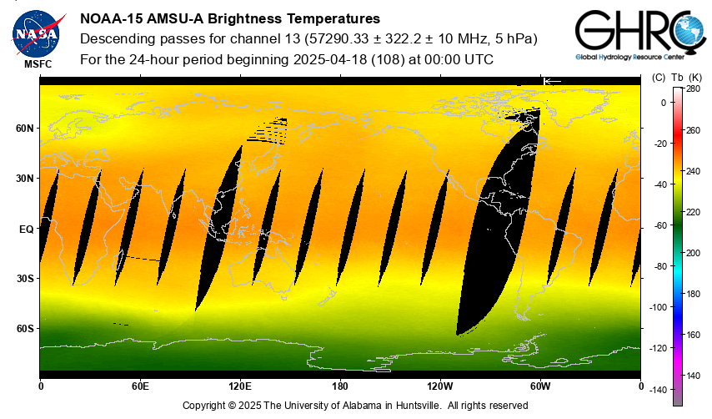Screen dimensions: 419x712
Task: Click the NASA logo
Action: tap(35, 33)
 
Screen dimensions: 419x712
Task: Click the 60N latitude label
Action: tap(25, 129)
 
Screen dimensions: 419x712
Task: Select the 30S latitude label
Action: tap(25, 279)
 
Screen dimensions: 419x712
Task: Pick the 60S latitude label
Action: tap(25, 329)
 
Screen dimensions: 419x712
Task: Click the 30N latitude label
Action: tap(25, 179)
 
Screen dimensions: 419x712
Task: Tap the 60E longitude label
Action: tap(140, 386)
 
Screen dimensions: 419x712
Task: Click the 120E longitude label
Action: tap(240, 386)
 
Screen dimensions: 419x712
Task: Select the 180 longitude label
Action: tap(340, 386)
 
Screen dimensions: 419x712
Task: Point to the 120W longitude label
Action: tap(440, 386)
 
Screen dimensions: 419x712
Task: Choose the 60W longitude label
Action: tap(540, 386)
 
